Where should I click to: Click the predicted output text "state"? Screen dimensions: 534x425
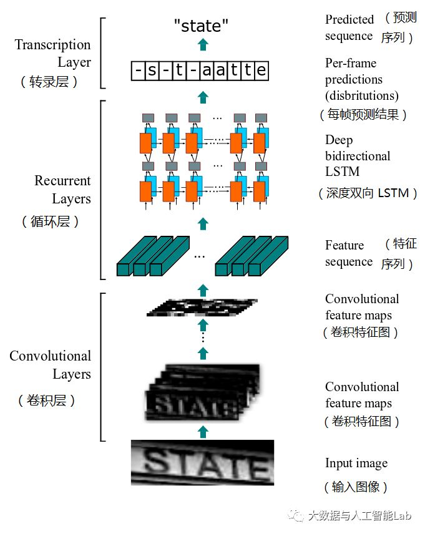coord(201,26)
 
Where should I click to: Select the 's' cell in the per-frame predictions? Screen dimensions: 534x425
coord(152,70)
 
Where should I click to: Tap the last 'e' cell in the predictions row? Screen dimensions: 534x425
coord(261,70)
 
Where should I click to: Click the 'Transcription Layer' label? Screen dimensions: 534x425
coord(53,53)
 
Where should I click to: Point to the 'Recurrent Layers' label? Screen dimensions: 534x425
coord(62,190)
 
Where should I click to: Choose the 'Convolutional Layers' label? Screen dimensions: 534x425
coord(50,365)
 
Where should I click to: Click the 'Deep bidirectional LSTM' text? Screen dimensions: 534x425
coord(358,155)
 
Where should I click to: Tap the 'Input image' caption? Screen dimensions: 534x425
coord(356,463)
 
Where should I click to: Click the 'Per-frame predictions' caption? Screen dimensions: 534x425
coord(361,79)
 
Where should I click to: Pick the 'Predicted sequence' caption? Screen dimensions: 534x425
coord(349,27)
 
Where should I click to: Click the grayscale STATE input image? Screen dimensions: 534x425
coord(202,462)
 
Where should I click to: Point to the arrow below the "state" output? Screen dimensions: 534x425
coord(202,44)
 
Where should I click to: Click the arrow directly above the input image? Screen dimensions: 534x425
coord(202,431)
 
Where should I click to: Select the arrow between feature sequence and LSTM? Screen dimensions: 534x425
coord(202,223)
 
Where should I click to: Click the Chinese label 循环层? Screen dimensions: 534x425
coord(50,221)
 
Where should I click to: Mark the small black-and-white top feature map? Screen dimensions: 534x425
coord(202,306)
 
